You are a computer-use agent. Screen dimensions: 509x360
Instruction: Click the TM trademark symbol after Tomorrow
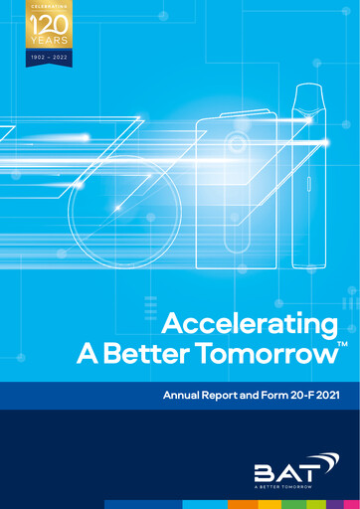pyautogui.click(x=342, y=343)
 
